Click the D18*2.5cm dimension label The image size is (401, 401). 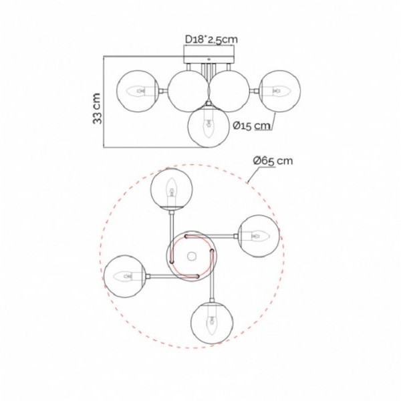211,39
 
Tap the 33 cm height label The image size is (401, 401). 97,108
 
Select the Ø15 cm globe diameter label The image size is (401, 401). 252,126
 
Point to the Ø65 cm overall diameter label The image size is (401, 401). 273,161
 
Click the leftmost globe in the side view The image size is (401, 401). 137,91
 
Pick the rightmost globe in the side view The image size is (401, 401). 280,91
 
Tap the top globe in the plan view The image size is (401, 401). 172,189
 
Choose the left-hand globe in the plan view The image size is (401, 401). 125,276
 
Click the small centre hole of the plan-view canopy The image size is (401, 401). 192,256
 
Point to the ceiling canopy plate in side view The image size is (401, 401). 209,59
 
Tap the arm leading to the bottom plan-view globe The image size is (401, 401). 212,276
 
